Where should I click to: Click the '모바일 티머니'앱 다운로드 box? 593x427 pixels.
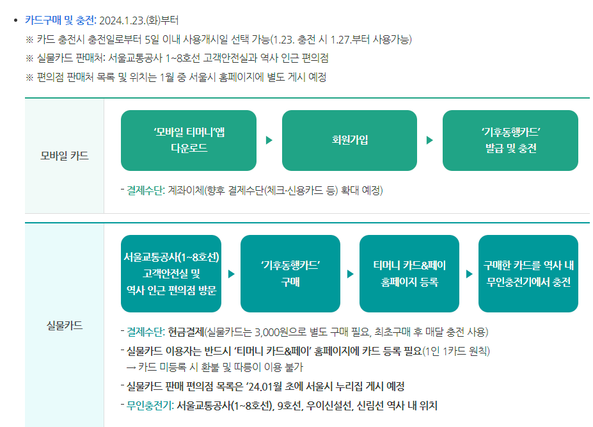tap(189, 140)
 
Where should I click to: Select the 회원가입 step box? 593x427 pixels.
tap(349, 140)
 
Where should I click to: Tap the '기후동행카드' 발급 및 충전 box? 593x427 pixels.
tap(510, 140)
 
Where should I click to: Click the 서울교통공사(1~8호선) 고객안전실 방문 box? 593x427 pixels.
tap(171, 273)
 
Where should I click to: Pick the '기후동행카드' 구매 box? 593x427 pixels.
tap(290, 273)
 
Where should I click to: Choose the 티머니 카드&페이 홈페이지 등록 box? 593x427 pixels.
tap(409, 273)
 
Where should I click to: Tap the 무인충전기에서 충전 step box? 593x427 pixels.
tap(528, 273)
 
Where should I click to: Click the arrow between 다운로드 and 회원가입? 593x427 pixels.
tap(269, 140)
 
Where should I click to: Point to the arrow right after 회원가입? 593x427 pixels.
tap(430, 140)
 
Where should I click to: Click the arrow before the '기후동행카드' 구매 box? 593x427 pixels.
tap(231, 274)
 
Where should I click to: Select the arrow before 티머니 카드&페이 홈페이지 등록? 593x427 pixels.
tap(350, 274)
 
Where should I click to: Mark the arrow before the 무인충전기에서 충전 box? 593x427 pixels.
tap(469, 274)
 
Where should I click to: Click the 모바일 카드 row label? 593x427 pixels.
tap(64, 156)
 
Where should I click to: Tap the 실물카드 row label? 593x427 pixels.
tap(64, 325)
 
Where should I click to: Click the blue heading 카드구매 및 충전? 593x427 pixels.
tap(60, 20)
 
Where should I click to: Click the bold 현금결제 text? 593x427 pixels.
tap(186, 332)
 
